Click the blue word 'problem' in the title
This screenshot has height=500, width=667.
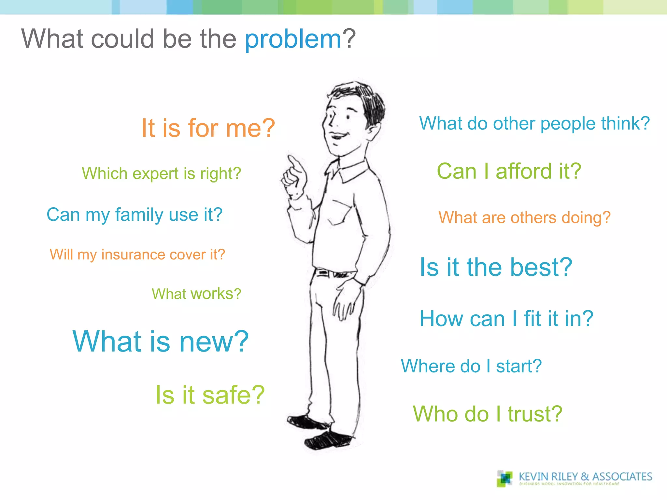(293, 39)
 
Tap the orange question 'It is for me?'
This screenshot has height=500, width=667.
(208, 128)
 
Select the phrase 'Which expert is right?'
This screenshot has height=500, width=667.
(161, 173)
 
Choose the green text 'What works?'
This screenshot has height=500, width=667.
(196, 294)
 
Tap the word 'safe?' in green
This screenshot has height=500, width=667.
(233, 395)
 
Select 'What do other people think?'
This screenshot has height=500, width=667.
(534, 124)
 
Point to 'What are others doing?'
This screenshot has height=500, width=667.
(524, 217)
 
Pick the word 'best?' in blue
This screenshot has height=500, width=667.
(541, 267)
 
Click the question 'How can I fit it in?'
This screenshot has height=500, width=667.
(506, 318)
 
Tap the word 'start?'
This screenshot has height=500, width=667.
(518, 366)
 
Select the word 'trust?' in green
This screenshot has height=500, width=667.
(535, 414)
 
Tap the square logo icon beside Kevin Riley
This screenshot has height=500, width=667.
(504, 478)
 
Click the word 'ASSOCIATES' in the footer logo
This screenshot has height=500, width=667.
(622, 477)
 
